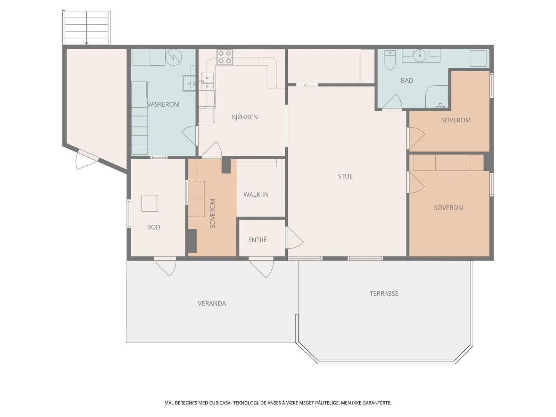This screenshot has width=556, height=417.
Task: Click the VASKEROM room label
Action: click(163, 104)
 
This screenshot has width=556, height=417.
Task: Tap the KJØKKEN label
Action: click(245, 117)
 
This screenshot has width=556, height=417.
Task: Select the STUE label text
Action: click(345, 176)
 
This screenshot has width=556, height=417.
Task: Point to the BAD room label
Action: click(407, 81)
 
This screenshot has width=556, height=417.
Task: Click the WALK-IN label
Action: click(256, 195)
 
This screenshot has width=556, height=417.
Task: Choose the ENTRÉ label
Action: click(257, 240)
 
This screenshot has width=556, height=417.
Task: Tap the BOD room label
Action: click(154, 227)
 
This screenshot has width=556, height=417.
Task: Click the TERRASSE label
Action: click(384, 293)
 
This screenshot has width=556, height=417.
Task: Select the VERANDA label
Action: click(212, 303)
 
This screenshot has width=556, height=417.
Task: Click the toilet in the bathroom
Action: click(390, 60)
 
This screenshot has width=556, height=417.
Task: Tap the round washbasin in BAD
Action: click(420, 56)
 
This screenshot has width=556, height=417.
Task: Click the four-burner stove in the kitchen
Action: click(225, 57)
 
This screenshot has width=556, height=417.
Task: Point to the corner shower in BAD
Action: click(437, 97)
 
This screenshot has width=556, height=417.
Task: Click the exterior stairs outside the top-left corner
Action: click(87, 28)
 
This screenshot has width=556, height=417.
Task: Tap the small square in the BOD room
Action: click(150, 203)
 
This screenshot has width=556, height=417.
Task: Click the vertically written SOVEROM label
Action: click(213, 213)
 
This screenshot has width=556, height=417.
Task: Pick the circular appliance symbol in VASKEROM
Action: click(173, 57)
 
